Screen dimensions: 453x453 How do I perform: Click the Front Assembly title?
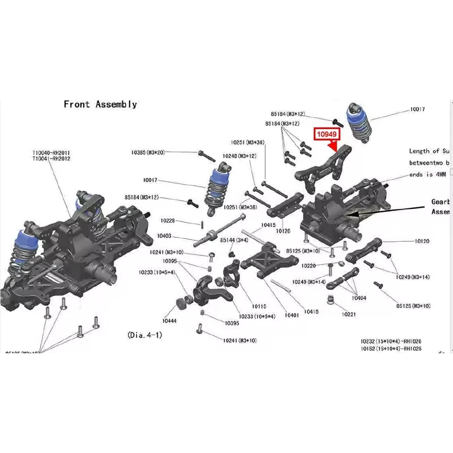[x=100, y=104]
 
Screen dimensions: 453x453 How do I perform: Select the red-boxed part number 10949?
[x=326, y=134]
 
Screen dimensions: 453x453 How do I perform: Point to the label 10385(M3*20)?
[x=148, y=152]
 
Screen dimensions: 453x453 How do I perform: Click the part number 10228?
[x=168, y=221]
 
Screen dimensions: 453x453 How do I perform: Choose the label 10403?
[x=164, y=236]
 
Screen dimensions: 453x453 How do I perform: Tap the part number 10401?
[x=292, y=315]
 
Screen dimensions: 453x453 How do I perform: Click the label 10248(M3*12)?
[x=240, y=156]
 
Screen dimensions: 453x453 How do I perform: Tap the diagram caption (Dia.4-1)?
[x=146, y=335]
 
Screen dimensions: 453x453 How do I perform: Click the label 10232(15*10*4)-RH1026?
[x=391, y=341]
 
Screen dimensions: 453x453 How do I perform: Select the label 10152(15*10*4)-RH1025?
[x=391, y=349]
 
